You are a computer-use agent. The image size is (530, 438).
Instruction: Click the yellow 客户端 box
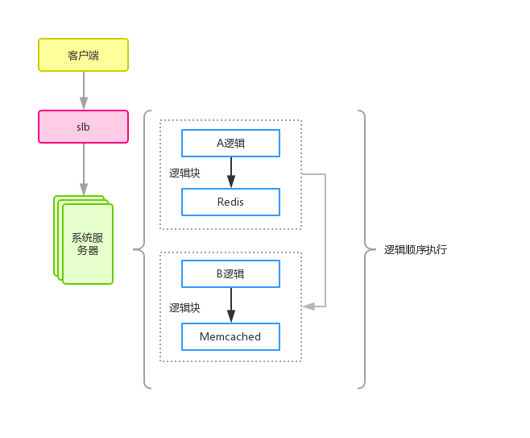pos(83,55)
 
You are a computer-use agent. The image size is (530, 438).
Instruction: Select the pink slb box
pos(83,127)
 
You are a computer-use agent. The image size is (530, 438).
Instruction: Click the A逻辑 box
pos(230,143)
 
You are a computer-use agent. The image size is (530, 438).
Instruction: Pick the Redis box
pos(230,202)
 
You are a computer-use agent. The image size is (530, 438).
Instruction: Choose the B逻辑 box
pos(230,273)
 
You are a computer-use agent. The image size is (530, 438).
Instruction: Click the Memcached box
pos(230,336)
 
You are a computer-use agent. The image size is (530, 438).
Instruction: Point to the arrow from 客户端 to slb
pos(83,90)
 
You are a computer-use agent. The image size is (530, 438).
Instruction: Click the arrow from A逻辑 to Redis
pos(230,172)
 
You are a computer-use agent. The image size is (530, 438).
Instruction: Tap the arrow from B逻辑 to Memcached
pos(230,305)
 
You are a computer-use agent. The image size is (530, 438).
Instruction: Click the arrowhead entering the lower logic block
pos(307,307)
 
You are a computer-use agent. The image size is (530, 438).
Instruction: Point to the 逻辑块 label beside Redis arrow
pos(184,173)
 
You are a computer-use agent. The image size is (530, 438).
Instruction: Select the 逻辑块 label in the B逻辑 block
pos(184,307)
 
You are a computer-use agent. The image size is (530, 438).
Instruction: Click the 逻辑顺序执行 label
pos(415,250)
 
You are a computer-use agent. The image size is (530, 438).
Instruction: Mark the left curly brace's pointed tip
pos(135,250)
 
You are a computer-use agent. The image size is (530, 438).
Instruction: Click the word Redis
pos(230,202)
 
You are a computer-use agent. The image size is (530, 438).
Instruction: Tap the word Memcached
pos(230,336)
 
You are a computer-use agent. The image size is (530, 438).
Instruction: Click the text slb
pos(83,127)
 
